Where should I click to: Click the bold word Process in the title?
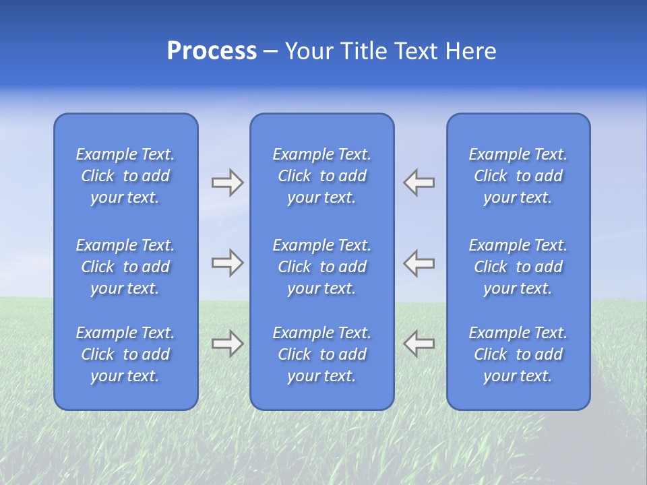[212, 51]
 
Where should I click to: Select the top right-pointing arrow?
[227, 183]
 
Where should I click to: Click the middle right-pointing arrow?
[227, 263]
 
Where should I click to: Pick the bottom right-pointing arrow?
[227, 344]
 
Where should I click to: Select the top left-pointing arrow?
[419, 183]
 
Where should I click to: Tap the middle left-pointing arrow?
[419, 263]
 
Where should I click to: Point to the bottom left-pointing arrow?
[419, 344]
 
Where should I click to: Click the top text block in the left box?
[125, 176]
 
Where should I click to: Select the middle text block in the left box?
[125, 267]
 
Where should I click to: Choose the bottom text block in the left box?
[125, 354]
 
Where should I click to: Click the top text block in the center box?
[322, 176]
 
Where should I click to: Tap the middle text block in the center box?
[322, 267]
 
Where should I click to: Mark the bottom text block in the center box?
[322, 354]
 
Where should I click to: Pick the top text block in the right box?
[518, 176]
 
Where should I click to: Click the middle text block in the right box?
[518, 267]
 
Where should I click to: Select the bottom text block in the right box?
[518, 354]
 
